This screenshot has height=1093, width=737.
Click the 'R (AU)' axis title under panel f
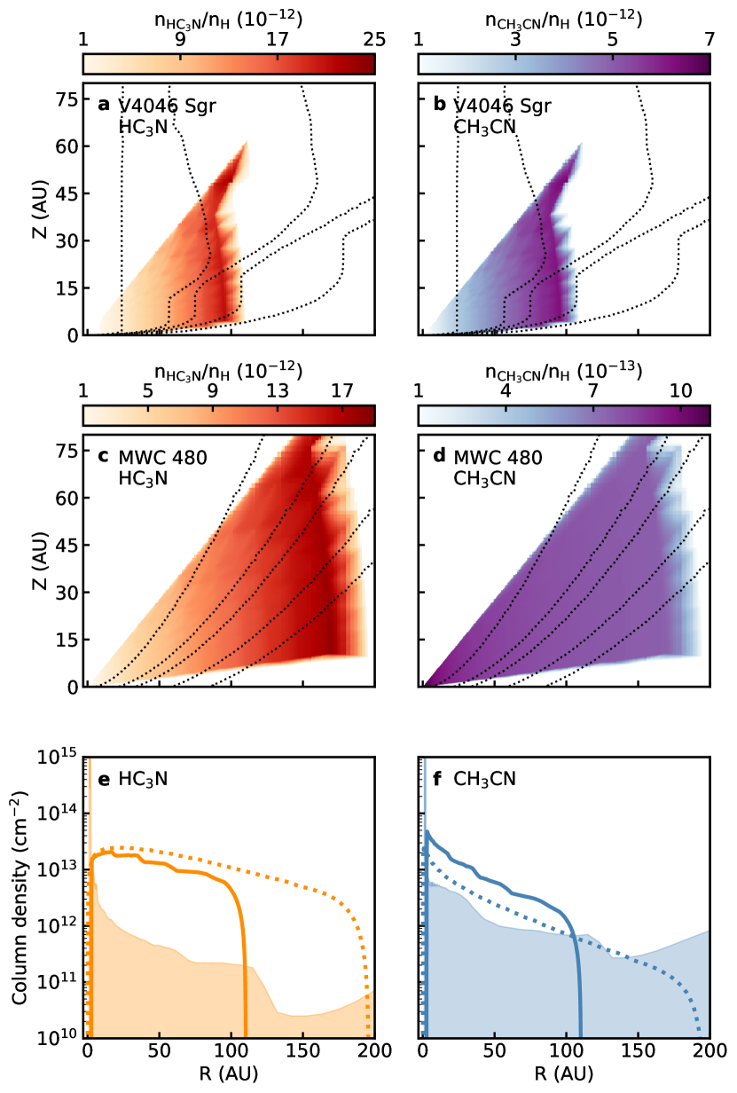pos(563,1075)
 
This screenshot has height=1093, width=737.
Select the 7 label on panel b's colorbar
pos(709,39)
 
